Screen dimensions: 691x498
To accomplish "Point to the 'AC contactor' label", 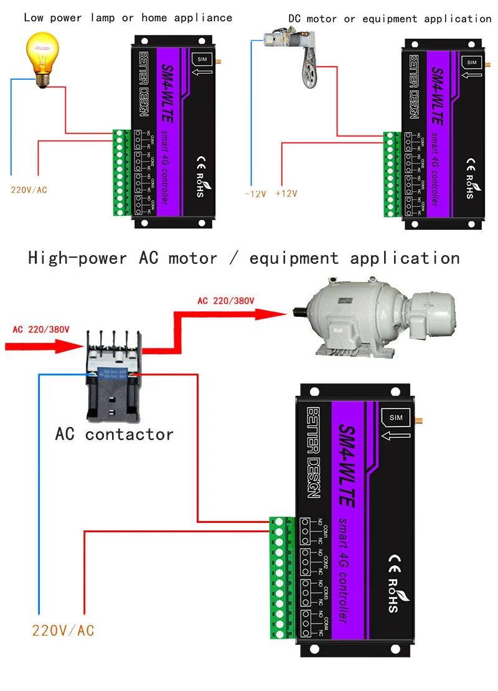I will point(114,434).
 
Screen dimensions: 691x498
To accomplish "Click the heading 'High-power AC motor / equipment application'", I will point(244,258).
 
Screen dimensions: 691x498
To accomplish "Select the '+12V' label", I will point(286,194).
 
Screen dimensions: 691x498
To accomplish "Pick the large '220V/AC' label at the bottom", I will point(63,631).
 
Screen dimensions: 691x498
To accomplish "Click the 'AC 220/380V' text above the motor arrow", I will point(226,301).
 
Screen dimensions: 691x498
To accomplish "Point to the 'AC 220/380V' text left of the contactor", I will point(41,329).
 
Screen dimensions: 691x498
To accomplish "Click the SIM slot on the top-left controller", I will point(202,59).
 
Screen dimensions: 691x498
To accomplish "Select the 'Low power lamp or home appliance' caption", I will point(128,18).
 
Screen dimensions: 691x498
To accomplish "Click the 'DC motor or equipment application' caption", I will point(390,19).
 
